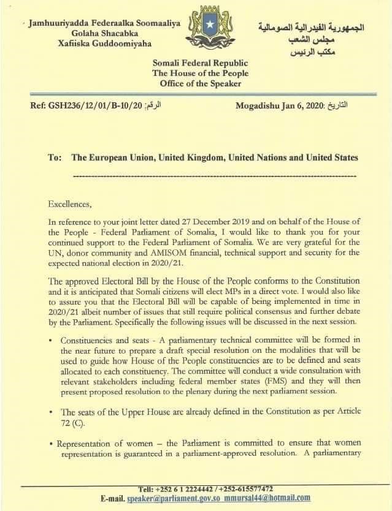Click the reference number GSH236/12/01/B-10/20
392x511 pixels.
coord(87,105)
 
